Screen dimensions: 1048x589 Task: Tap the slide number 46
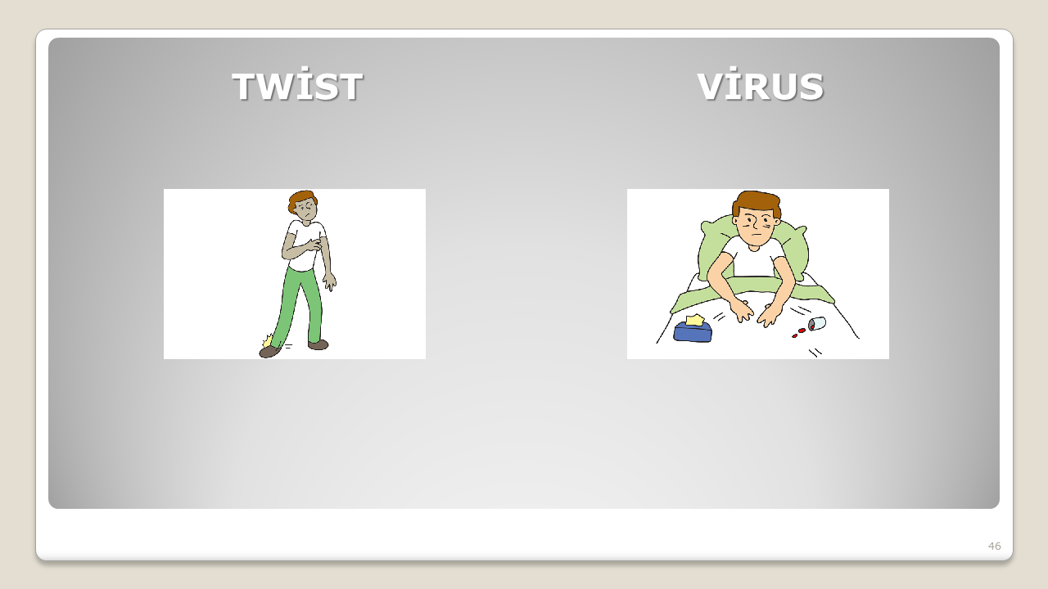coord(995,546)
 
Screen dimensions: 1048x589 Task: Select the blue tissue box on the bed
coord(693,331)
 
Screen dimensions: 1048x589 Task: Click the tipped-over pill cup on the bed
coord(817,323)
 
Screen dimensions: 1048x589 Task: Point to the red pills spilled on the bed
coord(798,333)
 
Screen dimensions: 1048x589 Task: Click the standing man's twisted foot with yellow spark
coord(270,347)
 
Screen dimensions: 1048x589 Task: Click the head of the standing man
coord(303,205)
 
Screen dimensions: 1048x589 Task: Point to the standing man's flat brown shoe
coord(318,345)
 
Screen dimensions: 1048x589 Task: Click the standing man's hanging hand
coord(330,281)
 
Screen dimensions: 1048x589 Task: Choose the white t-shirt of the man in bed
coord(754,258)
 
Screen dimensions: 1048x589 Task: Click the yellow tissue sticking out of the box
coord(695,320)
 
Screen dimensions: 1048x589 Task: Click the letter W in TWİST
coord(277,87)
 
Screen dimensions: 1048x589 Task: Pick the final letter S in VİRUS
coord(811,87)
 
